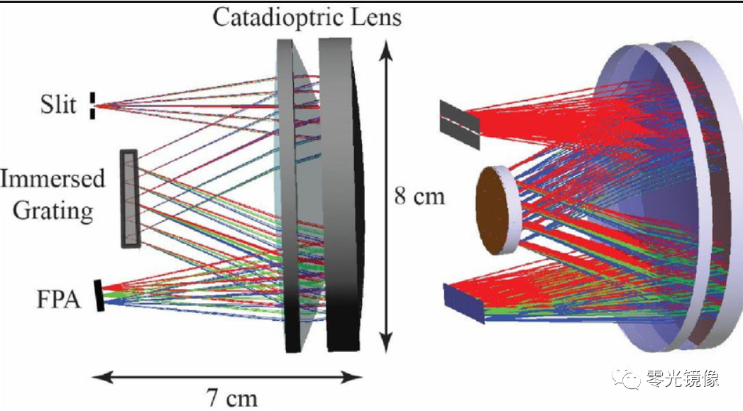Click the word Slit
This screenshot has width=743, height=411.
point(57,105)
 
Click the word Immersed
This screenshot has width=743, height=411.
point(52,177)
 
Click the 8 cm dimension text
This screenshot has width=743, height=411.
point(419,195)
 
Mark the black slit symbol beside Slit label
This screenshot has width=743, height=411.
point(92,105)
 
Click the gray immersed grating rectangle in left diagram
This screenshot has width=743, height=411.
point(130,199)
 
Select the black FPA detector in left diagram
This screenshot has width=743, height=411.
point(99,295)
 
